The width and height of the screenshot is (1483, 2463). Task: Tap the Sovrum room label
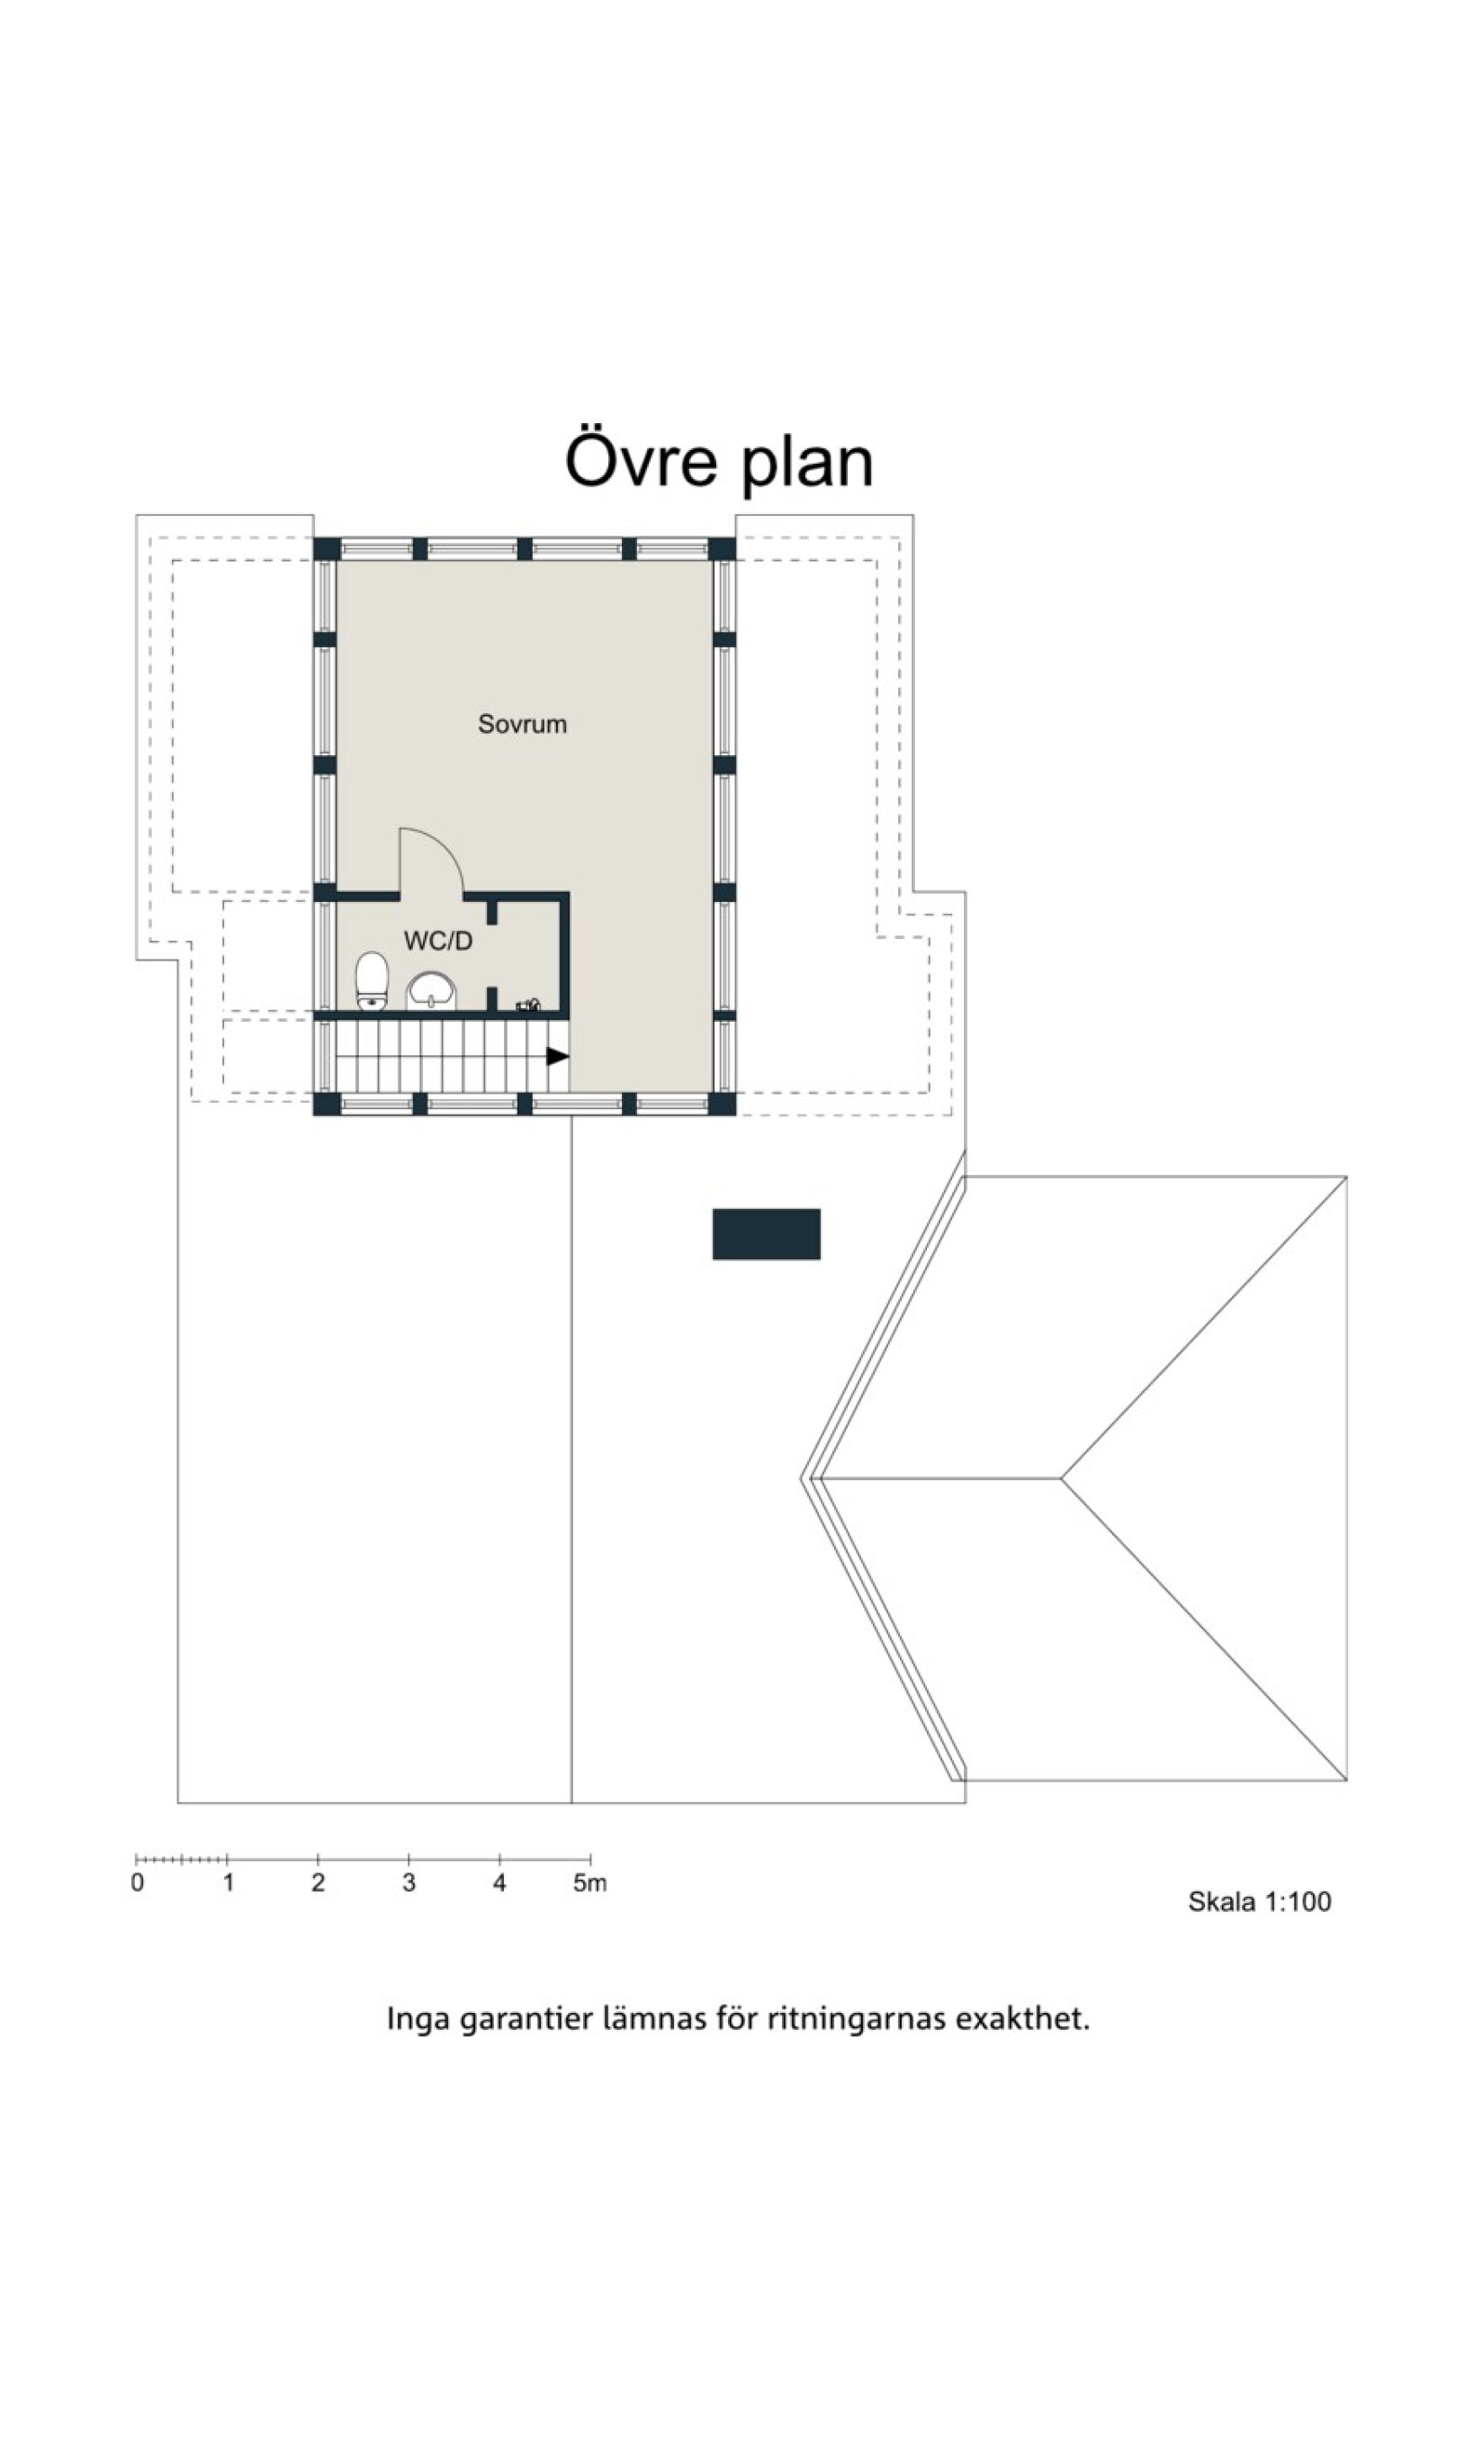coord(522,724)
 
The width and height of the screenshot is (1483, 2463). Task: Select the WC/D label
coord(437,941)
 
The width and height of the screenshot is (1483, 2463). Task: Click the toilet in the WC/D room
coord(372,980)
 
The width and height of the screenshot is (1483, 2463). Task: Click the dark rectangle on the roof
coord(767,1233)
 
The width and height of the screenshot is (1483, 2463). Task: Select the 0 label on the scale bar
coord(137,1883)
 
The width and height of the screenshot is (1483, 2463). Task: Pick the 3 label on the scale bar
coord(409,1883)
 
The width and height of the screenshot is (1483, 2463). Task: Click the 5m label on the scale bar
coord(589,1883)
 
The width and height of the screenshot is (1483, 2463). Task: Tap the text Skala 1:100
coord(1259,1901)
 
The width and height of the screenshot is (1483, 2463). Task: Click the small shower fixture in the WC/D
coord(527,1005)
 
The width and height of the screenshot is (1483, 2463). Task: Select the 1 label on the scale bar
coord(228,1883)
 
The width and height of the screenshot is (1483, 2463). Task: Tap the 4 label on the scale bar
coord(499,1883)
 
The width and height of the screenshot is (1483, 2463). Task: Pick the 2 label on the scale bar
coord(318,1883)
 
